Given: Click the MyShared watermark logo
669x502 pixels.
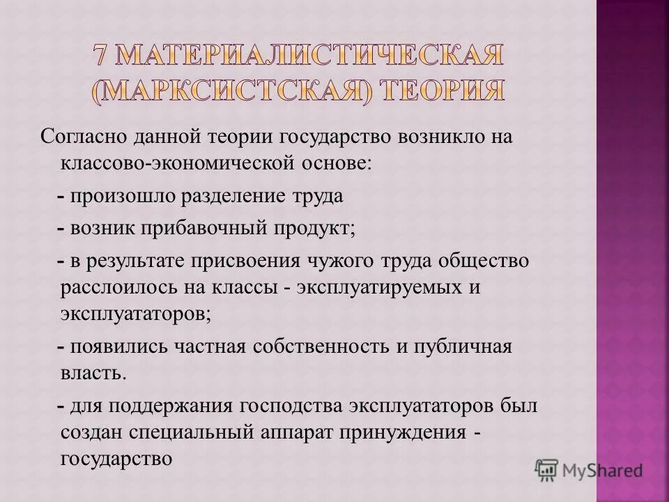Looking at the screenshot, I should [588, 470].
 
